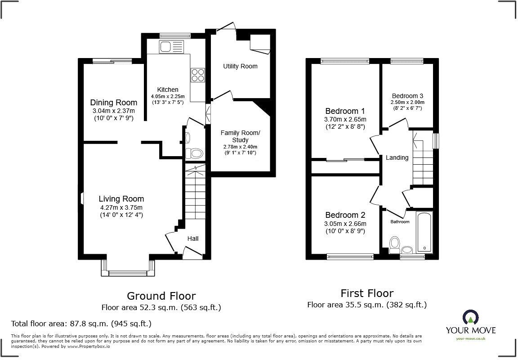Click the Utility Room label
(240, 66)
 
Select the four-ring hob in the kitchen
(197, 75)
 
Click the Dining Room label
(113, 103)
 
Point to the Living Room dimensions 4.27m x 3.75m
(121, 207)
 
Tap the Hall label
(193, 238)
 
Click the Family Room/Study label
(240, 136)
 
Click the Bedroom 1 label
(345, 111)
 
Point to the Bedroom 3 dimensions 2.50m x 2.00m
(407, 102)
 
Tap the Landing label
(397, 157)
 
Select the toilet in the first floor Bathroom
(395, 245)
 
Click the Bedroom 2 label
(345, 215)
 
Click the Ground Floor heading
(161, 296)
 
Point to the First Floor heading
(366, 293)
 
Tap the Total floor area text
(81, 324)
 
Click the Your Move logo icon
(470, 318)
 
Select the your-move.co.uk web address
(470, 338)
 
